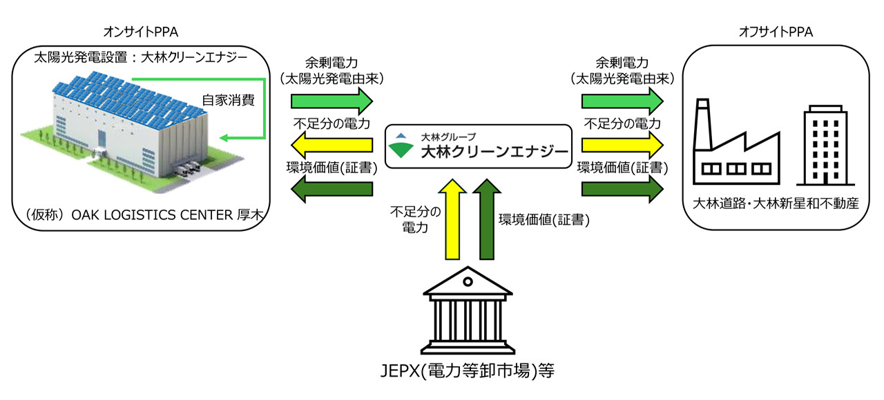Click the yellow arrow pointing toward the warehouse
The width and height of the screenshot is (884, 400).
331,146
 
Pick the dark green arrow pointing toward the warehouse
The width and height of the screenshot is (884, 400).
331,189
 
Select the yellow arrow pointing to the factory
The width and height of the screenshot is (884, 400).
622,146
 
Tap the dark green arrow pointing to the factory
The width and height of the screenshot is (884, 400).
622,189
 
